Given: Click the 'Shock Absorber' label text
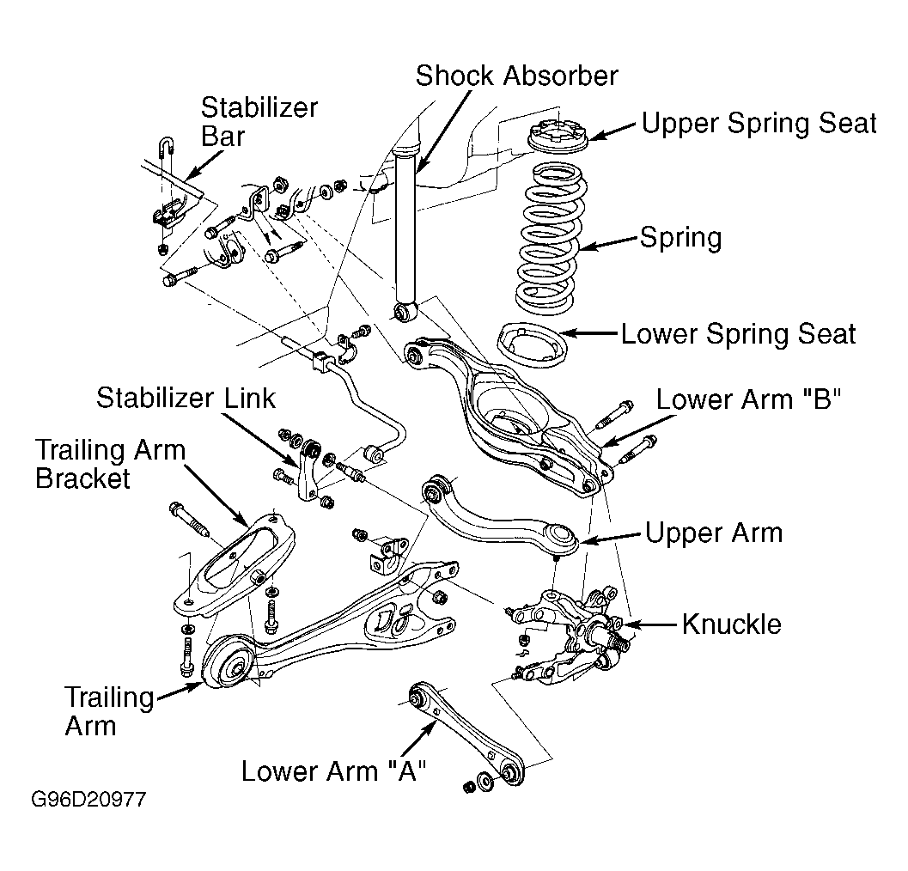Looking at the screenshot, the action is [516, 76].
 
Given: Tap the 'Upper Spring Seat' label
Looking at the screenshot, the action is [759, 124].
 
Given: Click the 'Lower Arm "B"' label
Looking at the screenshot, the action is [748, 399].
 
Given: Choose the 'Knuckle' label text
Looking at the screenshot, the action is [731, 624].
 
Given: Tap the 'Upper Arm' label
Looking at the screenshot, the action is [713, 533].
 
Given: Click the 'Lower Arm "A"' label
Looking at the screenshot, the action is [333, 771].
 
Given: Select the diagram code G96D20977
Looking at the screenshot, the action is [88, 800].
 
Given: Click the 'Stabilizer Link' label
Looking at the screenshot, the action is [186, 399].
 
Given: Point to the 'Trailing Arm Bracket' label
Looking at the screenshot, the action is [110, 465].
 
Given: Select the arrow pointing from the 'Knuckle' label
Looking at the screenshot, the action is [650, 624].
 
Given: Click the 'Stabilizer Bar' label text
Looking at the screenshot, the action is [259, 122].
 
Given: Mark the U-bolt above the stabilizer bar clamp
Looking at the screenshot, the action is [165, 148].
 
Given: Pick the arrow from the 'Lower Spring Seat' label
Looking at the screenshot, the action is [589, 333].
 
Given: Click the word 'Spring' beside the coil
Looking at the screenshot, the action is [681, 238].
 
